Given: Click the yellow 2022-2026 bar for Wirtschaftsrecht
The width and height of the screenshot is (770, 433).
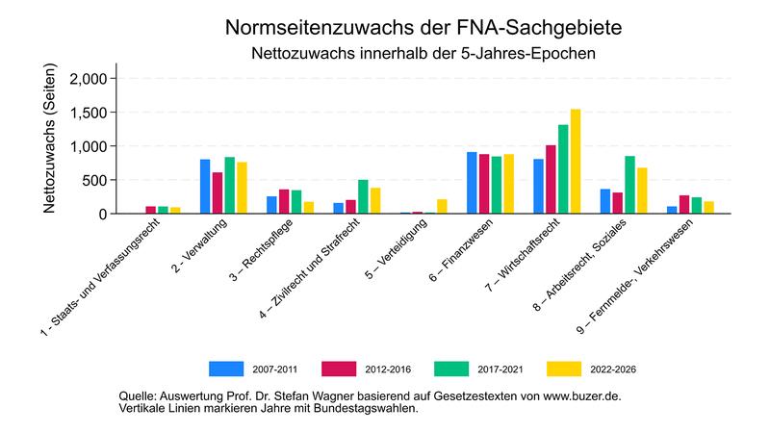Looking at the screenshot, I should (x=576, y=162).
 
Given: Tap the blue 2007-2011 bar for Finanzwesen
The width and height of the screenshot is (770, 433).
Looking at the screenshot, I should (x=472, y=183).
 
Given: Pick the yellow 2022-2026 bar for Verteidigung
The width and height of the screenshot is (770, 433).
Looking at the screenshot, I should (x=442, y=206).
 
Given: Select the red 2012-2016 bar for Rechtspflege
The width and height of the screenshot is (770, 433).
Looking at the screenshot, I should (x=284, y=201).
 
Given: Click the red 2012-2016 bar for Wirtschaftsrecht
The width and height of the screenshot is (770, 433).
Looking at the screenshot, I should (x=551, y=179).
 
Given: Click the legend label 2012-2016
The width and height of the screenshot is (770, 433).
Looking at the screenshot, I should (x=390, y=368).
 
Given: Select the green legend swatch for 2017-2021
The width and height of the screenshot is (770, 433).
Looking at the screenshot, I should (x=450, y=368).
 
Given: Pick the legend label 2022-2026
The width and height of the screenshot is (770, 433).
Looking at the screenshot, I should (x=614, y=368).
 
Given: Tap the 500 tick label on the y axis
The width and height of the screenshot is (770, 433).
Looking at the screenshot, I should (x=95, y=180).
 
